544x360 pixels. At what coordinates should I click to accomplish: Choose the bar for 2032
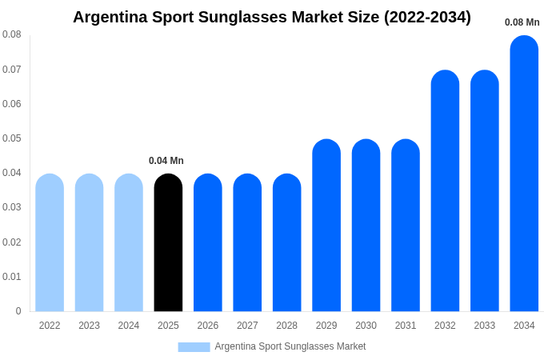pyautogui.click(x=445, y=191)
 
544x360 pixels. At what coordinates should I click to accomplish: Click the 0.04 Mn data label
pyautogui.click(x=166, y=161)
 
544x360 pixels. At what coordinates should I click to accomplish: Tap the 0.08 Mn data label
pyautogui.click(x=522, y=22)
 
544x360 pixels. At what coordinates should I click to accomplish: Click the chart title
pyautogui.click(x=272, y=17)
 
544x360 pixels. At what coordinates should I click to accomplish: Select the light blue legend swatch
pyautogui.click(x=194, y=347)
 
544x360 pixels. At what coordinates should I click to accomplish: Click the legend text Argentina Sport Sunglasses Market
pyautogui.click(x=290, y=346)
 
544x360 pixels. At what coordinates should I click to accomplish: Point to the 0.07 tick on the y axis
pyautogui.click(x=12, y=70)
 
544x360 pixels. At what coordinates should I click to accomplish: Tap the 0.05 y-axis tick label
pyautogui.click(x=12, y=138)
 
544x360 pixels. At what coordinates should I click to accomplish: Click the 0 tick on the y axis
pyautogui.click(x=18, y=311)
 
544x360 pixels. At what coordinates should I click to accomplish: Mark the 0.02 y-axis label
pyautogui.click(x=12, y=242)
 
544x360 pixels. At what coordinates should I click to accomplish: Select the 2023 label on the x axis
pyautogui.click(x=89, y=326)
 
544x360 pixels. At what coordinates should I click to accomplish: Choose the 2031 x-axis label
pyautogui.click(x=406, y=326)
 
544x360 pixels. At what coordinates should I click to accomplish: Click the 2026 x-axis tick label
pyautogui.click(x=208, y=326)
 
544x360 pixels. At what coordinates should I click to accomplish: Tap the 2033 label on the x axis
pyautogui.click(x=485, y=326)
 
